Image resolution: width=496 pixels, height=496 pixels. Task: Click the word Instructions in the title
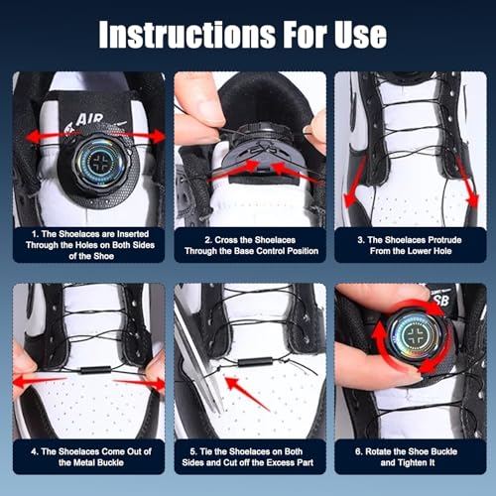186,34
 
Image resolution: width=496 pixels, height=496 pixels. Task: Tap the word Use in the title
360,34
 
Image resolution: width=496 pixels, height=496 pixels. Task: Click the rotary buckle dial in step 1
99,163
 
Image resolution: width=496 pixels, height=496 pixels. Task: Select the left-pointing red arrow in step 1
50,136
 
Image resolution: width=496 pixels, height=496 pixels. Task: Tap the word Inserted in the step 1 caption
132,234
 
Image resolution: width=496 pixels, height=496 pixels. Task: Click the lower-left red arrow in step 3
354,182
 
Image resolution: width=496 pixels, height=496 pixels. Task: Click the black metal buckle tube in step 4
95,370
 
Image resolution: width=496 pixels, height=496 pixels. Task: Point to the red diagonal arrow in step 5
247,394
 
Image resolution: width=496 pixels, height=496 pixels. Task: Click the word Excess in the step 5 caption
276,462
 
